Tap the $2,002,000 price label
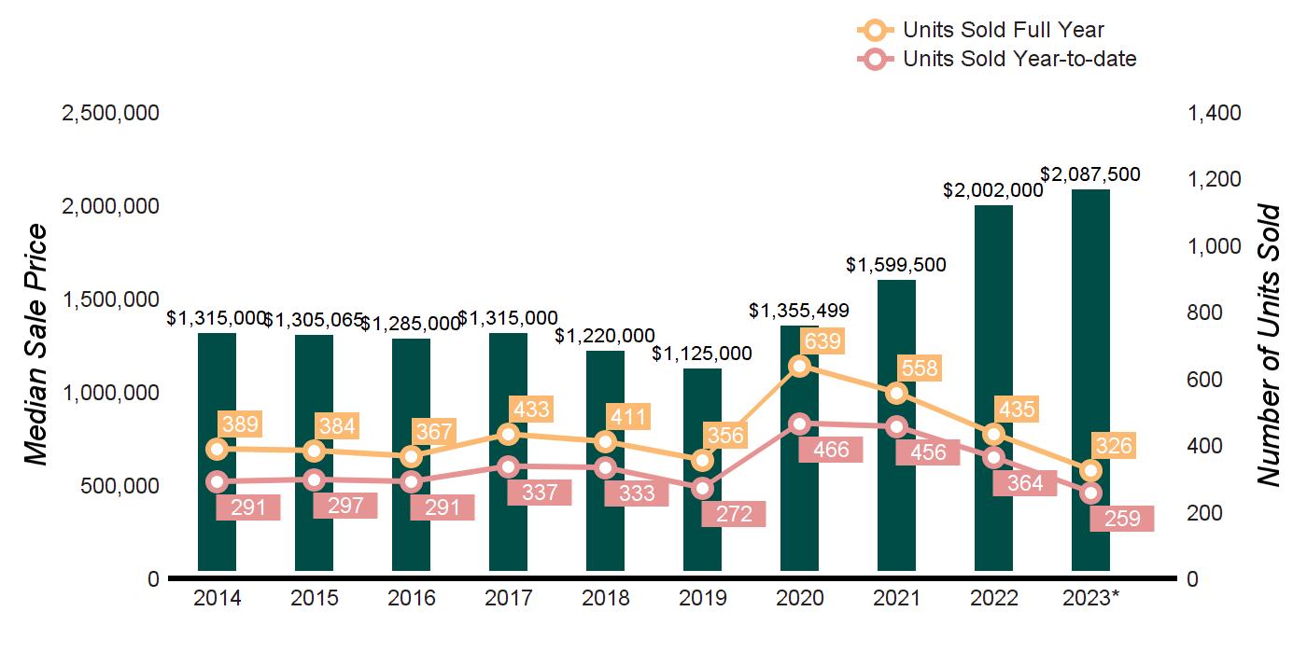click(x=992, y=189)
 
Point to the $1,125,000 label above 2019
click(x=702, y=354)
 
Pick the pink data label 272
click(x=734, y=513)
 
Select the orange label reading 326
click(x=1113, y=446)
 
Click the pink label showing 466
click(x=831, y=450)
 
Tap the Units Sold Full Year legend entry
click(x=1004, y=31)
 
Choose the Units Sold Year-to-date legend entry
click(x=1019, y=60)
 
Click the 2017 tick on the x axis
click(x=508, y=598)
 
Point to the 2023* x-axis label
click(x=1090, y=598)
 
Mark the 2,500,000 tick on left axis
click(x=110, y=113)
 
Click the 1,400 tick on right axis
click(x=1214, y=113)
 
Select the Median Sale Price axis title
click(x=35, y=345)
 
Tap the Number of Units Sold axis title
click(x=1268, y=345)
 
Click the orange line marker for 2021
click(x=896, y=393)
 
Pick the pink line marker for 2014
click(x=218, y=482)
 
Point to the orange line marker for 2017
click(x=508, y=434)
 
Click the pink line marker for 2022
click(x=993, y=458)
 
